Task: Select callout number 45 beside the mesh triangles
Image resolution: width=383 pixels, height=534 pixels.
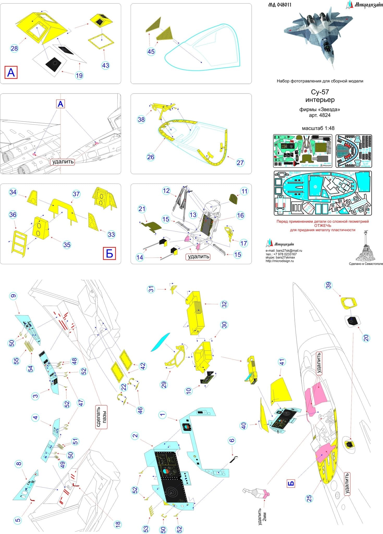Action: click(151, 51)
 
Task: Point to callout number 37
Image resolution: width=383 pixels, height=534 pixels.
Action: click(76, 194)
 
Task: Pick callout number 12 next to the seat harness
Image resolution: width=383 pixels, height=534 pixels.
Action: click(166, 191)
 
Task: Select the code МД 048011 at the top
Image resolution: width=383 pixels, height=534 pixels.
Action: click(280, 5)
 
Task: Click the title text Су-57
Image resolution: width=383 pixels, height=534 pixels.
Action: click(320, 92)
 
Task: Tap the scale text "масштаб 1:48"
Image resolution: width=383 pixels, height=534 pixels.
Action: click(318, 128)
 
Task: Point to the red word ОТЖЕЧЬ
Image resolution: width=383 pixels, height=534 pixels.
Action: click(323, 226)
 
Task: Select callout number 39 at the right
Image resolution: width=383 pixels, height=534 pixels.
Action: click(329, 286)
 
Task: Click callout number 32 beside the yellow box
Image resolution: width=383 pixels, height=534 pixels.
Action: click(224, 304)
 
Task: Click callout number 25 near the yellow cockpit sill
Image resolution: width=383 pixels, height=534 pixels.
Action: click(309, 498)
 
